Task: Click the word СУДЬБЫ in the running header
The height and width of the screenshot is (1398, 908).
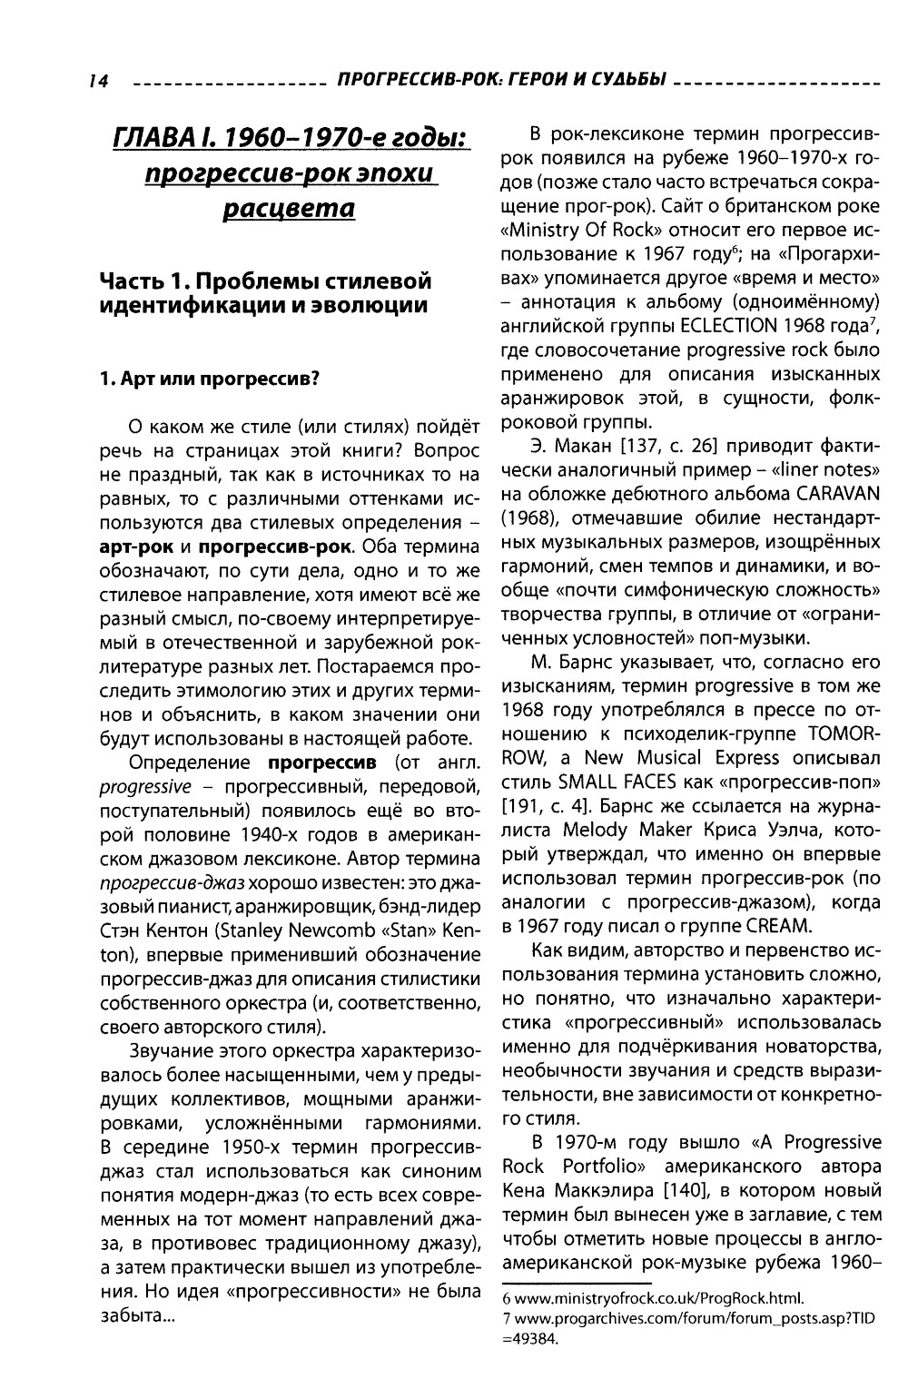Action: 627,83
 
